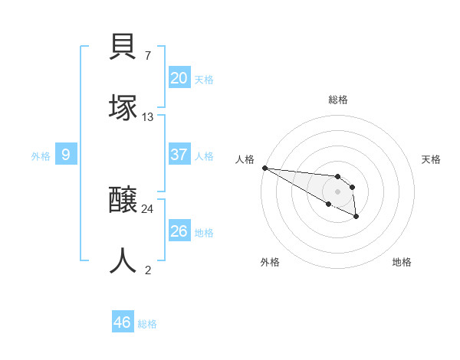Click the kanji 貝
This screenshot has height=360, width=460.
123,48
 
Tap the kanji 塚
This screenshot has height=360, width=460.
123,108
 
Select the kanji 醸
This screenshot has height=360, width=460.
123,201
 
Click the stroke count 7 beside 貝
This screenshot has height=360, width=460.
147,56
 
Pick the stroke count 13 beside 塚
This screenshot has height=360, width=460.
148,116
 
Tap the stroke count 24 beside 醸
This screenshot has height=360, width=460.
148,208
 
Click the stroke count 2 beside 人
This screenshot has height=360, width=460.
147,270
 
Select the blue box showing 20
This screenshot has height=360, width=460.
179,78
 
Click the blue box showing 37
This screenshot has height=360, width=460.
179,155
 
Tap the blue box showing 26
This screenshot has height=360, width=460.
179,231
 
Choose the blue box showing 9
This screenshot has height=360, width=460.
66,155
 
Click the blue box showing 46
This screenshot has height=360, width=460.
122,322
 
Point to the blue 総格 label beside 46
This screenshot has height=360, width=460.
147,324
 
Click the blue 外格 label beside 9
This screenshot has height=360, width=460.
41,156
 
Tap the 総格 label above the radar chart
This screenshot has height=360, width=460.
338,100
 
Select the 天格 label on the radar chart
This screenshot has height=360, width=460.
431,159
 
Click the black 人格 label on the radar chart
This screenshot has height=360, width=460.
245,159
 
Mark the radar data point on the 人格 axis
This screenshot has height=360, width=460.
264,168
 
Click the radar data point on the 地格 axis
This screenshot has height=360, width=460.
356,217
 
